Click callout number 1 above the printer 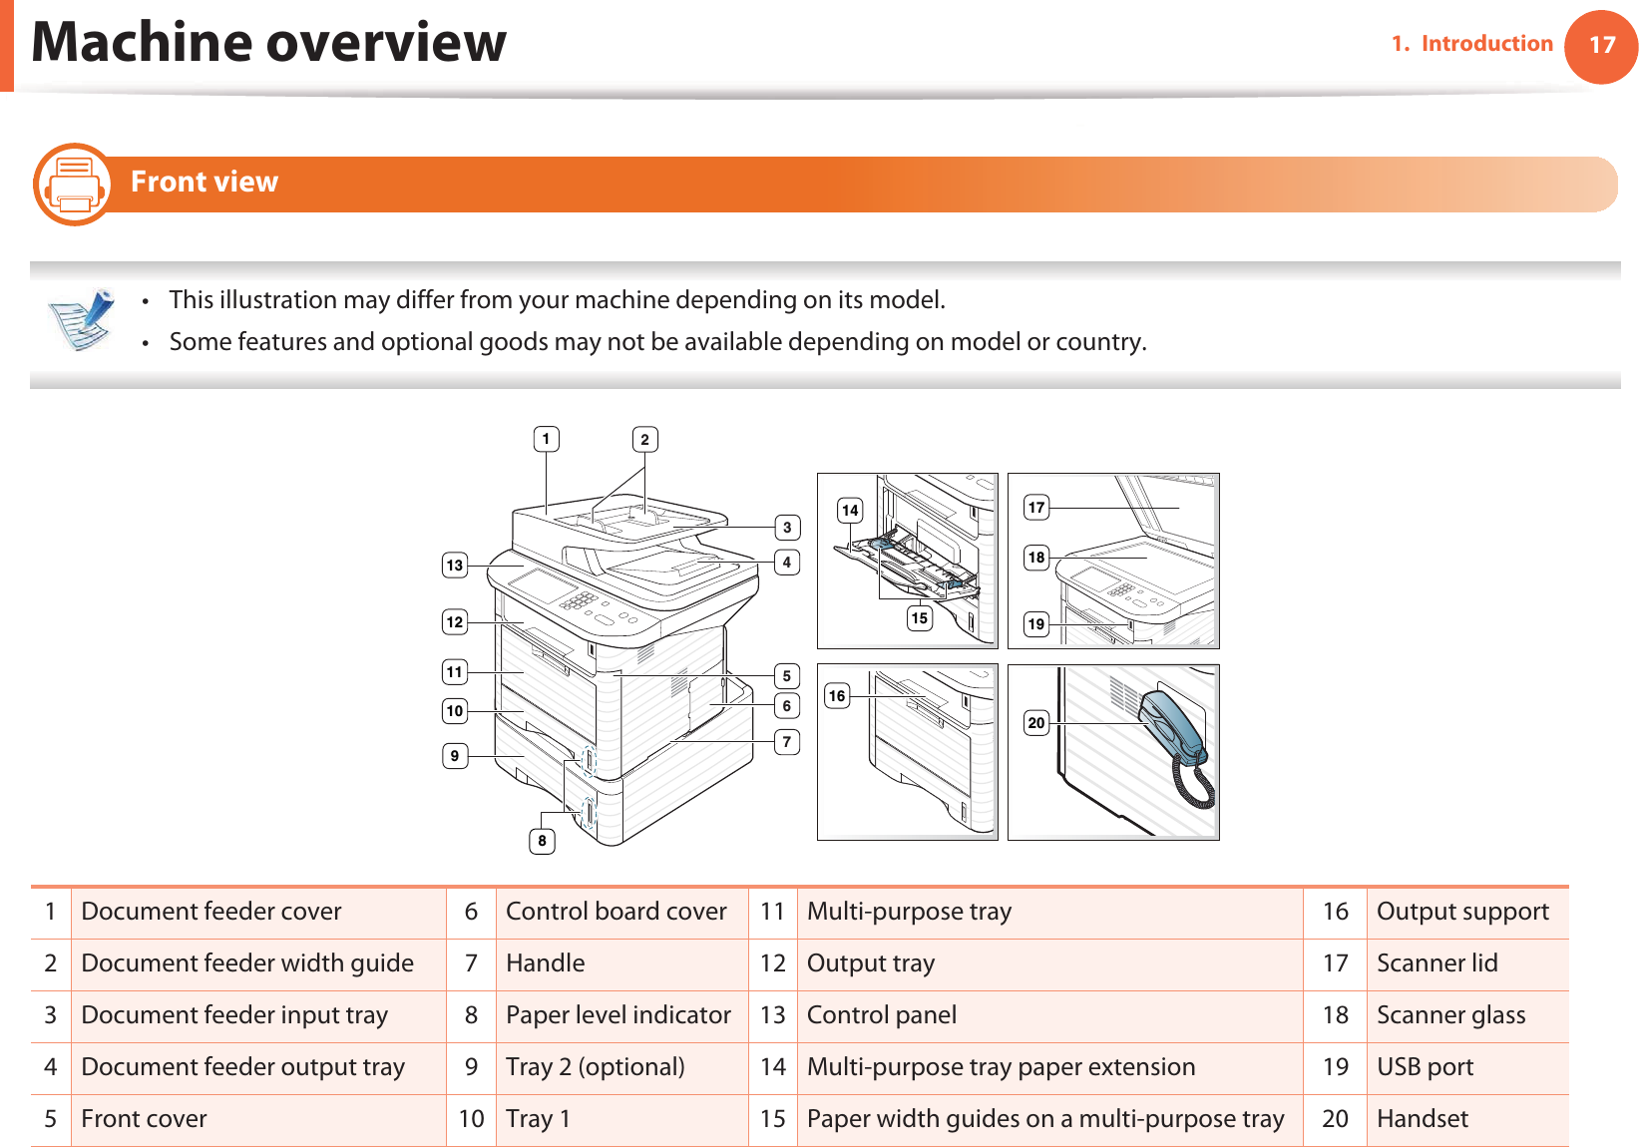pos(546,439)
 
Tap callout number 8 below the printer pos(542,841)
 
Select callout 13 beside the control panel pos(455,566)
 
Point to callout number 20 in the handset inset pos(1036,723)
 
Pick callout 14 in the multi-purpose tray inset pos(849,511)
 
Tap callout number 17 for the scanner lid pos(1036,508)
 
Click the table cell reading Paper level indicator pos(618,1015)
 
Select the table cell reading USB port pos(1425,1067)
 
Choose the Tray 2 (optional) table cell pos(595,1067)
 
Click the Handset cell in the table pos(1422,1119)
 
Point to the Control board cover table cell pos(615,912)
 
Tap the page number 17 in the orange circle pos(1601,46)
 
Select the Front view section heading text pos(205,183)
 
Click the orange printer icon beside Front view pos(73,185)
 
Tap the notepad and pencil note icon pos(81,319)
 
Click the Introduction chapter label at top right pos(1485,44)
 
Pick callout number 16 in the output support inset pos(836,696)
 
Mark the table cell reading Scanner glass pos(1450,1015)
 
